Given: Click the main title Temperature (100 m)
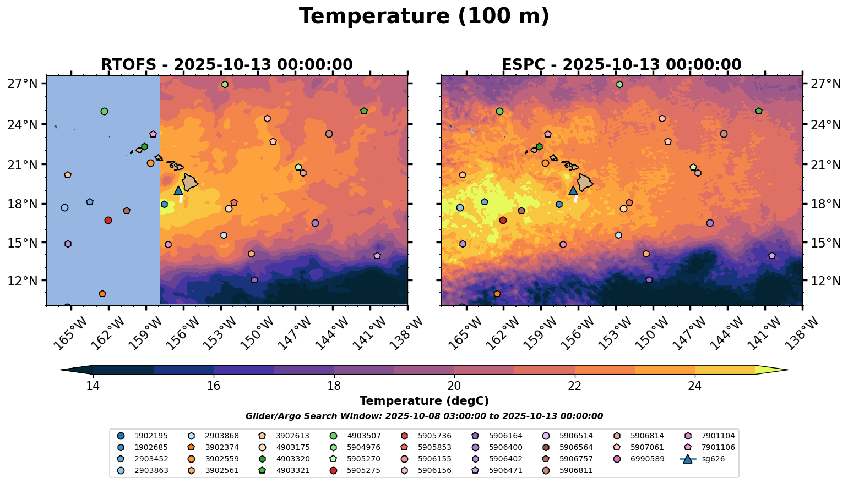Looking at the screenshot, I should [424, 17].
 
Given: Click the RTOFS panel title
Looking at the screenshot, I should [226, 65].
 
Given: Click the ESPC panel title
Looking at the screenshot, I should [621, 65].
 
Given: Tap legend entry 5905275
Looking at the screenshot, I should [363, 470].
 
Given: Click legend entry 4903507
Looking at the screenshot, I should [363, 436].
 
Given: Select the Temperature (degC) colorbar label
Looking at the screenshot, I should [424, 402].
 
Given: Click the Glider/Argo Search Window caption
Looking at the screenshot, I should [424, 416].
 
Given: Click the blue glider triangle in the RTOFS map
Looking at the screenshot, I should [178, 190].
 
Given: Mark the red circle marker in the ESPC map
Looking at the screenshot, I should [503, 220].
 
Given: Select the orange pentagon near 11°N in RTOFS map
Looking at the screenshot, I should [102, 294].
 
